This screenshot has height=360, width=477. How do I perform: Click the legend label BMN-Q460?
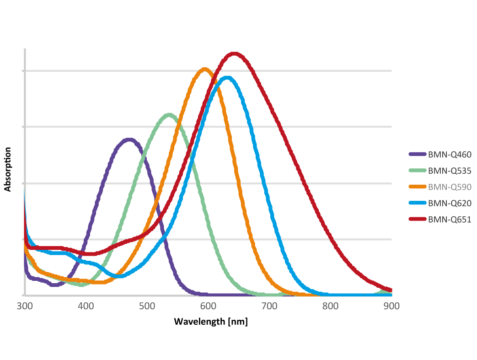pos(450,155)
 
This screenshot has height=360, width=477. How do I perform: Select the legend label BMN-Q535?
pos(450,171)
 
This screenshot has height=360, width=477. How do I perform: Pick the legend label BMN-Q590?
pos(450,187)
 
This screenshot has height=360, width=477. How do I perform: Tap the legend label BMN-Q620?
pos(450,203)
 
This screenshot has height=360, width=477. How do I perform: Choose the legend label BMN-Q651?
pos(450,219)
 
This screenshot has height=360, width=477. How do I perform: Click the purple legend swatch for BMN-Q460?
pos(417,155)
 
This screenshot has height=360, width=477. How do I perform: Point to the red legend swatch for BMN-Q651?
pos(417,219)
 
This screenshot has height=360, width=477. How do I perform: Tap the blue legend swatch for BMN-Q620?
pos(417,203)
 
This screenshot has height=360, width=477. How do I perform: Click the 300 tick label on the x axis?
pos(25,306)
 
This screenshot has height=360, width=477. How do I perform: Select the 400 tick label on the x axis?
pos(86,306)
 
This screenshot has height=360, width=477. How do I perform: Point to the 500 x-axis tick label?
pos(147,306)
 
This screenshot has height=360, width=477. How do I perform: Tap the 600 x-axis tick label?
pos(208,306)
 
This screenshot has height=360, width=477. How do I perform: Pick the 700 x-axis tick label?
pos(269,306)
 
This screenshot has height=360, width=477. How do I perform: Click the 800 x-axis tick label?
pos(330,306)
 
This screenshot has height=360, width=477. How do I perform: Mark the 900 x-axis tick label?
pos(391,306)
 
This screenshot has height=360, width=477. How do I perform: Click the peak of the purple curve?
pos(129,139)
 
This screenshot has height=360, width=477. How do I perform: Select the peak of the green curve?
pos(169,114)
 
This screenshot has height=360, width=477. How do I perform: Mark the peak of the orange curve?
pos(204,69)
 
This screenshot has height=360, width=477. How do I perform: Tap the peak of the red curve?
pos(234,54)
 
